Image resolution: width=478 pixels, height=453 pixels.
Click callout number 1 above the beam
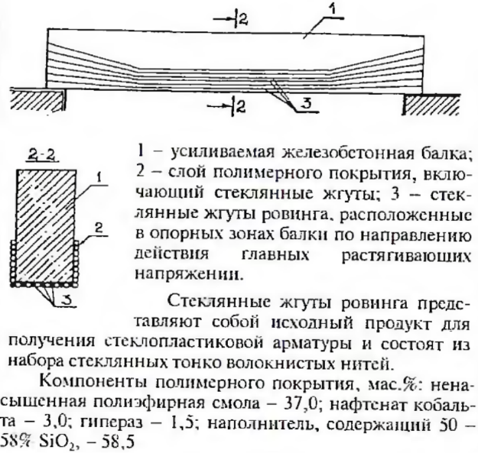pos(333,9)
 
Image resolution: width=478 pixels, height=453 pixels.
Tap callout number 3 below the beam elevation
pos(306,105)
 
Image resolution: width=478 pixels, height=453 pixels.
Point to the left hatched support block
pos(38,99)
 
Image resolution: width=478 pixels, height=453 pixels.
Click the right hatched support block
pos(431,104)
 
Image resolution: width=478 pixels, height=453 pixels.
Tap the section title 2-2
pos(42,156)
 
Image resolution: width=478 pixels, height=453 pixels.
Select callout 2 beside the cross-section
pos(98,228)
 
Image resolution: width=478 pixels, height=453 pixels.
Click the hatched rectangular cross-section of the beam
pos(46,225)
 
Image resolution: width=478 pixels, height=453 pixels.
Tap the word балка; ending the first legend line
pos(444,154)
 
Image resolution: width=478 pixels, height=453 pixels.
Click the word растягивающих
pos(406,256)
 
